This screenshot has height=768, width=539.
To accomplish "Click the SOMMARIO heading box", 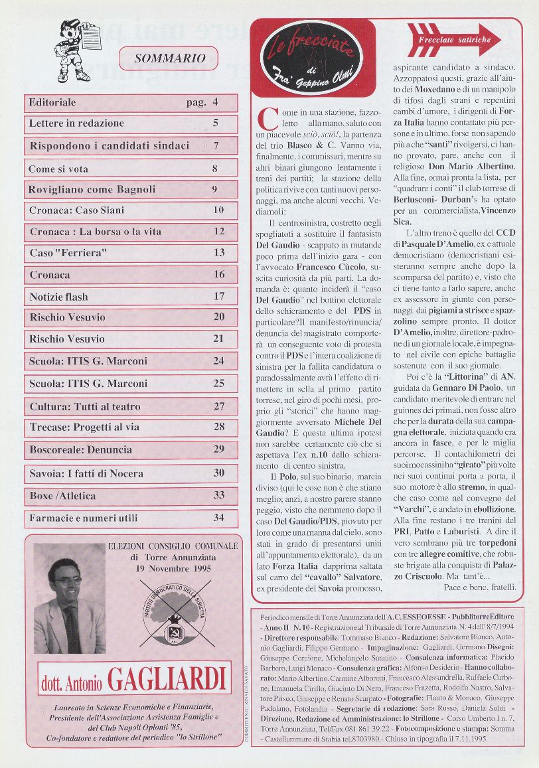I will pyautogui.click(x=169, y=58).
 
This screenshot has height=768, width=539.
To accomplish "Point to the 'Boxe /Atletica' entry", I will pyautogui.click(x=62, y=495).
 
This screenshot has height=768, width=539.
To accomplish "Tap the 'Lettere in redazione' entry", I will pyautogui.click(x=76, y=123).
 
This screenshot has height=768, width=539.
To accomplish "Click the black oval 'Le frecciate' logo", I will pyautogui.click(x=311, y=56).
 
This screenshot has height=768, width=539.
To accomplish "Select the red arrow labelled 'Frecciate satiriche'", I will pyautogui.click(x=453, y=40).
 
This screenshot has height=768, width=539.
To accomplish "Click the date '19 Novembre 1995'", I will pyautogui.click(x=173, y=569).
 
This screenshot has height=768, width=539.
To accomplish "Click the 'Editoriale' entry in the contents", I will pyautogui.click(x=53, y=102).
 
